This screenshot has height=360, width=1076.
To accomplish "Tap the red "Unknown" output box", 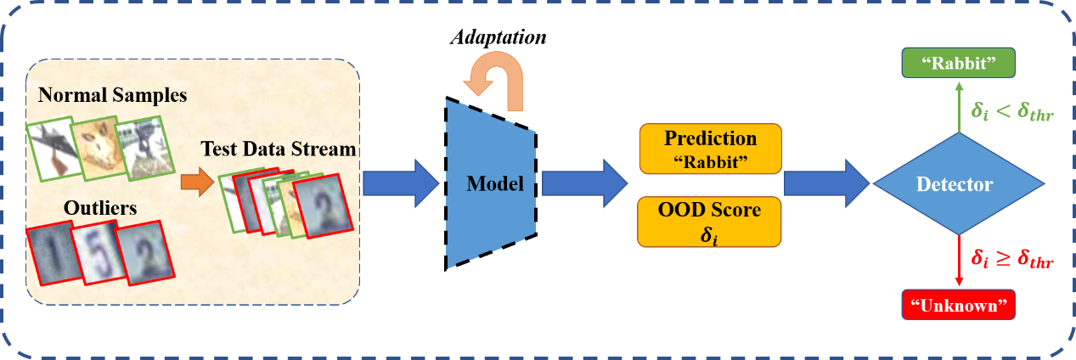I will point(959,305).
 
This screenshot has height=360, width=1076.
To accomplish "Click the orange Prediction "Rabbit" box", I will point(709,149).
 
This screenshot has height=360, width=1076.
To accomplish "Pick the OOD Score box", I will point(709,221).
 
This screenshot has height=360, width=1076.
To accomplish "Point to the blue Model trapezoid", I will point(492,183).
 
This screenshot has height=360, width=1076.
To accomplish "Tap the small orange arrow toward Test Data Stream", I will point(194,182).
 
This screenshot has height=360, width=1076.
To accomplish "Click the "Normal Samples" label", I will point(112,94).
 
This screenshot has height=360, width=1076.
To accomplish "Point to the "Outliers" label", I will point(100,207).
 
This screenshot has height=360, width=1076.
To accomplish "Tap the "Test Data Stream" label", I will point(278,149).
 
